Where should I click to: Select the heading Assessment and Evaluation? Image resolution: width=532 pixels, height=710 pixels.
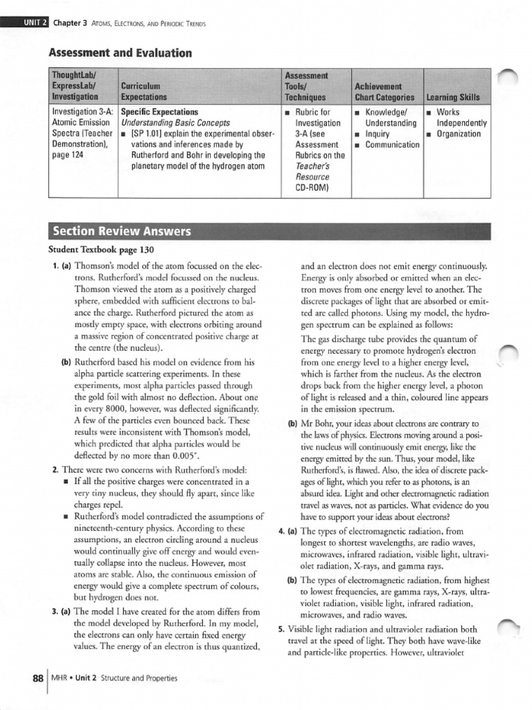click(x=120, y=53)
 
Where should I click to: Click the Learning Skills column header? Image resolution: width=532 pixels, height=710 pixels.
click(x=454, y=97)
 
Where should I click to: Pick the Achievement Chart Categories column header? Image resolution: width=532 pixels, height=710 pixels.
click(x=384, y=92)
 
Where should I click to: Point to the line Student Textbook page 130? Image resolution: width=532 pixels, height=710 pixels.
click(x=100, y=250)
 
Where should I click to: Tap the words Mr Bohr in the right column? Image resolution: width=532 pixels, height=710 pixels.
click(x=319, y=424)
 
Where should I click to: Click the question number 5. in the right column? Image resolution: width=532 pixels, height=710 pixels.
click(x=281, y=630)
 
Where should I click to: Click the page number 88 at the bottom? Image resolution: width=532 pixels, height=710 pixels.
click(x=38, y=677)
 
